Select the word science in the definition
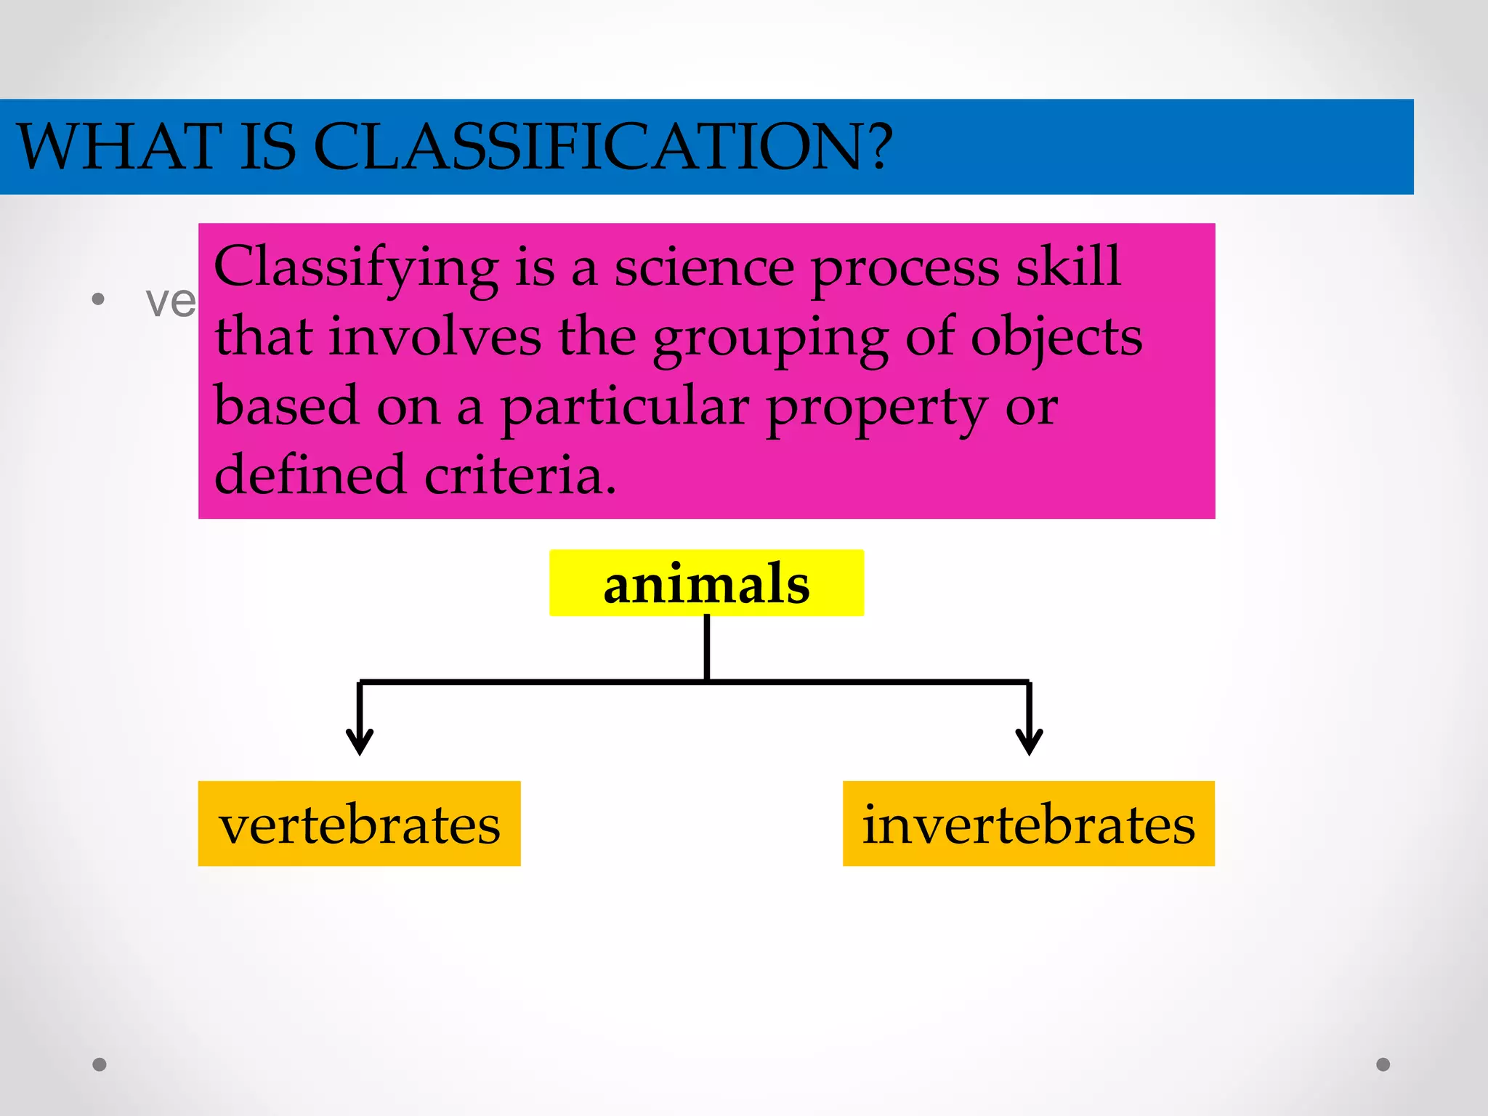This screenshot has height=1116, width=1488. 704,267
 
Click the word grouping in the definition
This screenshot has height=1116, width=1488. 770,339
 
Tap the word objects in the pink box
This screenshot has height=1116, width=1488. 1056,339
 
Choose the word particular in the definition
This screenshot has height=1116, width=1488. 625,408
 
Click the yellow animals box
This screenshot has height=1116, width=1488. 706,583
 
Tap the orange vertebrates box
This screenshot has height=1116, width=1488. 359,824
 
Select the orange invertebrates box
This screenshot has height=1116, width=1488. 1028,824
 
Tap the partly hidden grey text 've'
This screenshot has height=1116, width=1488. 171,301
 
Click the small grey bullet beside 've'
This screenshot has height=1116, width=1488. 98,299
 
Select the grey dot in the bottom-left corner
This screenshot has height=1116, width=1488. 100,1064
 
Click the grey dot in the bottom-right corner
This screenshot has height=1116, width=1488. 1383,1064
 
